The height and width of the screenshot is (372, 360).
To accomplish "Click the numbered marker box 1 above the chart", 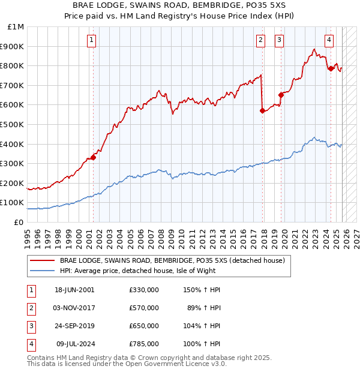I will click(91, 40).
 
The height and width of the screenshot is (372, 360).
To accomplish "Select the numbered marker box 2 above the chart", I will click(261, 40).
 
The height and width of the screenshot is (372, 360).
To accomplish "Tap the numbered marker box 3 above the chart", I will click(280, 40).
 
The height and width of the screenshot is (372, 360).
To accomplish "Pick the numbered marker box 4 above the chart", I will click(329, 40).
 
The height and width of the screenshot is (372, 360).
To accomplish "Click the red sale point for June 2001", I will click(94, 158).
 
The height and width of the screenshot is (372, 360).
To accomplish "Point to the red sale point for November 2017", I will click(262, 110).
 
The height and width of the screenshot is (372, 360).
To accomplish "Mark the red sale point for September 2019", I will click(281, 95).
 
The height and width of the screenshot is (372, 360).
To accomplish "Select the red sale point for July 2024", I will click(331, 68).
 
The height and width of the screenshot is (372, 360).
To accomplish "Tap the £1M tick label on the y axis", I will click(16, 27).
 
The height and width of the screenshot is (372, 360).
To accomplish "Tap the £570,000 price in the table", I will click(144, 308).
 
